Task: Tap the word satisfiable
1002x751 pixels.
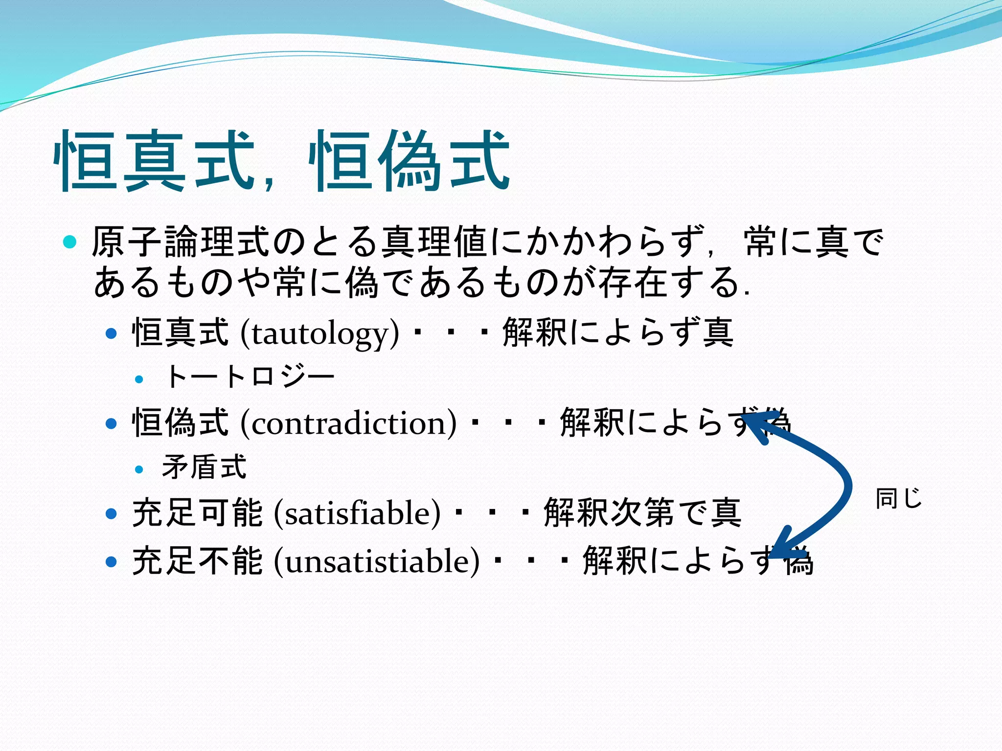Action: tap(357, 513)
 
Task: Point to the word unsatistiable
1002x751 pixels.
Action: tap(377, 561)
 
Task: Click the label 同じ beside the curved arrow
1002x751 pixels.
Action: tap(898, 499)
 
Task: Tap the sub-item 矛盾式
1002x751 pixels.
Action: tap(204, 467)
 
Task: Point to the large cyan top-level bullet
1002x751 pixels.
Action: tap(70, 242)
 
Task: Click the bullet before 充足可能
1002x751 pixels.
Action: tap(112, 514)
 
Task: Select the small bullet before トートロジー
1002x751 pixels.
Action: tap(139, 379)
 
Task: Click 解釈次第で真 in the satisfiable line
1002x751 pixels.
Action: tap(642, 513)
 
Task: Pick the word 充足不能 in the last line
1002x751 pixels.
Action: tap(198, 561)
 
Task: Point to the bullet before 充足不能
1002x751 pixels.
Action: tap(112, 562)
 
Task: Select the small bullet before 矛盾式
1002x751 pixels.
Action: tap(139, 469)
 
